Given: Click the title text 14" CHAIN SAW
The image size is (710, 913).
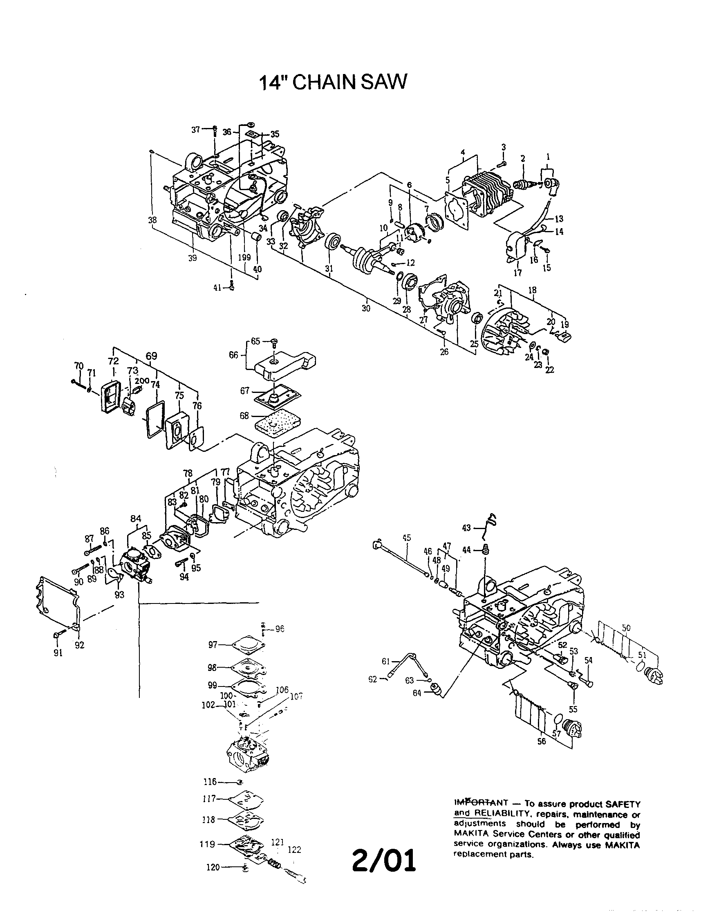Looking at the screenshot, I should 333,83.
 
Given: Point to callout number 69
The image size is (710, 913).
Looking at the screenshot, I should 151,356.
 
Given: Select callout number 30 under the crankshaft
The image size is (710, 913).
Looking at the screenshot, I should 366,309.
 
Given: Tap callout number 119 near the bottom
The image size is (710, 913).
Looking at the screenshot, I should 207,844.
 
